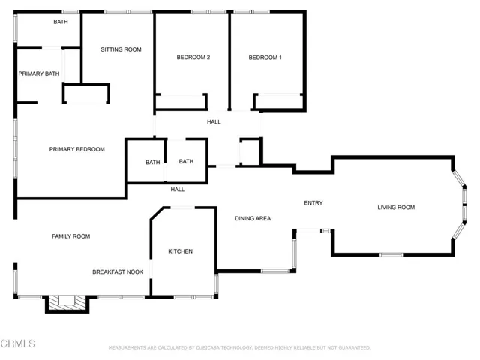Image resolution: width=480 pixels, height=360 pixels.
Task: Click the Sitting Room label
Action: [x=121, y=49]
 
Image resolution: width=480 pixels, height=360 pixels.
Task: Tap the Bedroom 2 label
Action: [x=193, y=58]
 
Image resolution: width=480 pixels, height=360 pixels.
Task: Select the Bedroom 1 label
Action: [x=265, y=58]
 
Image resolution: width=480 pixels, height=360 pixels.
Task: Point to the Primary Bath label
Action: [x=39, y=73]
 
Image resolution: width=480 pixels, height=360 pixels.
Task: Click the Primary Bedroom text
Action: [x=76, y=149]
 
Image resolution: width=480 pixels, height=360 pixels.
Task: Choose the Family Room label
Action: [x=70, y=236]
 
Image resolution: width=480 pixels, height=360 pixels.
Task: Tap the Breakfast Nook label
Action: [x=118, y=271]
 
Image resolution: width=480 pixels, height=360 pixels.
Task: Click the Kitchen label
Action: [x=180, y=251]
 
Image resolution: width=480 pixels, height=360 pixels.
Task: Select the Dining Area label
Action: [x=253, y=218]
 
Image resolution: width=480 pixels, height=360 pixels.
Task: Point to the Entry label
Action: [x=313, y=203]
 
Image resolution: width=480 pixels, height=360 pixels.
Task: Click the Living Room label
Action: [x=396, y=208]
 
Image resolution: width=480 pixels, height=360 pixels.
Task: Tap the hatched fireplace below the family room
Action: [x=67, y=302]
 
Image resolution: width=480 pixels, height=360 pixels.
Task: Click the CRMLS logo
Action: [x=18, y=343]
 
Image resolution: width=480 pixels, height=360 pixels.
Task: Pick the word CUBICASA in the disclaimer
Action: [x=208, y=348]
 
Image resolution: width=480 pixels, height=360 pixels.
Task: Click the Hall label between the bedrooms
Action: [x=214, y=122]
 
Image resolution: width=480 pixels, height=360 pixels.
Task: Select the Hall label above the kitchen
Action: [x=177, y=190]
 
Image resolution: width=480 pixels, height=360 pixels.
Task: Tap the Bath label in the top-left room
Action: [x=61, y=22]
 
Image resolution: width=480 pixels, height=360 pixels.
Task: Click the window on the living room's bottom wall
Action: [x=391, y=254]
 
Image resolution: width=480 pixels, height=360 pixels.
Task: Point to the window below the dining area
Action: [x=275, y=271]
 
